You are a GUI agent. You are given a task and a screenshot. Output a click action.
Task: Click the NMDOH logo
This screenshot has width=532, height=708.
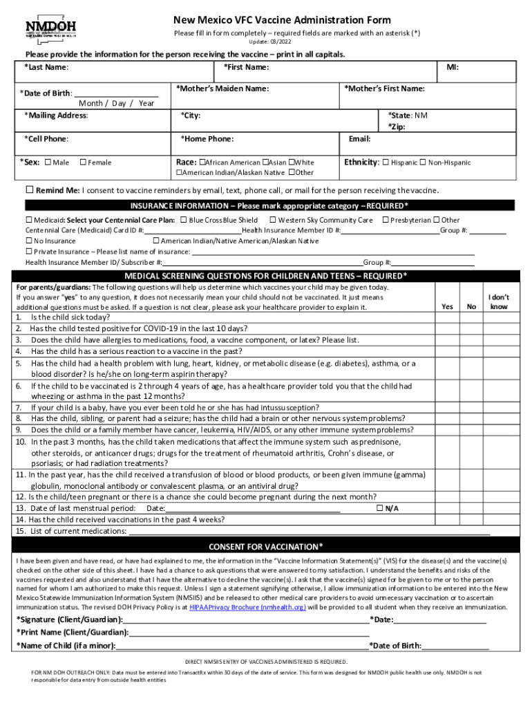click(x=50, y=28)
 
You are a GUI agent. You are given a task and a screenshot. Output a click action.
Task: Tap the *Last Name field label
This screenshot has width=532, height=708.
click(x=46, y=67)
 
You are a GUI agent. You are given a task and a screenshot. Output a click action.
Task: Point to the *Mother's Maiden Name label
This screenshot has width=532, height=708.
click(x=222, y=88)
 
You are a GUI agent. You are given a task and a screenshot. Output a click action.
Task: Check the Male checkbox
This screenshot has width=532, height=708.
click(x=48, y=162)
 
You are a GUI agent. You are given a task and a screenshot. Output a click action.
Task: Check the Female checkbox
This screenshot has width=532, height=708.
click(x=82, y=162)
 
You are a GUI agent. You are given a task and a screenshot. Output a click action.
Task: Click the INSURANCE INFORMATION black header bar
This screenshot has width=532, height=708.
click(x=269, y=205)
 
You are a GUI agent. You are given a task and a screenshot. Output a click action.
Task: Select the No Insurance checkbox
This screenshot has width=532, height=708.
click(x=29, y=241)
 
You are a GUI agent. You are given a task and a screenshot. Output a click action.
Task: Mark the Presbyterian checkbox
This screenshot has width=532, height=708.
click(x=386, y=220)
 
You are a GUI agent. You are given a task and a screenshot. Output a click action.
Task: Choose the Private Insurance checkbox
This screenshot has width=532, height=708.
click(x=29, y=251)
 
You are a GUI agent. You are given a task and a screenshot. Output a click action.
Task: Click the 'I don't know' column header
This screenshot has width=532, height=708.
click(x=499, y=301)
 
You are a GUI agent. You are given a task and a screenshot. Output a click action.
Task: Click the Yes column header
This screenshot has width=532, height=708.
click(x=447, y=306)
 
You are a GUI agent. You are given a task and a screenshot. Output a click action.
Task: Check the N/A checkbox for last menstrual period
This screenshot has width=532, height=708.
click(x=379, y=508)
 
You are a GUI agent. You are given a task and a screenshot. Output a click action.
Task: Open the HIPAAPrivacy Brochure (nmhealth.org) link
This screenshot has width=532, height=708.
click(x=247, y=606)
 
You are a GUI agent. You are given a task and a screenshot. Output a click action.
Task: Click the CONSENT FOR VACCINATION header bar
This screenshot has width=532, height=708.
click(x=266, y=546)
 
